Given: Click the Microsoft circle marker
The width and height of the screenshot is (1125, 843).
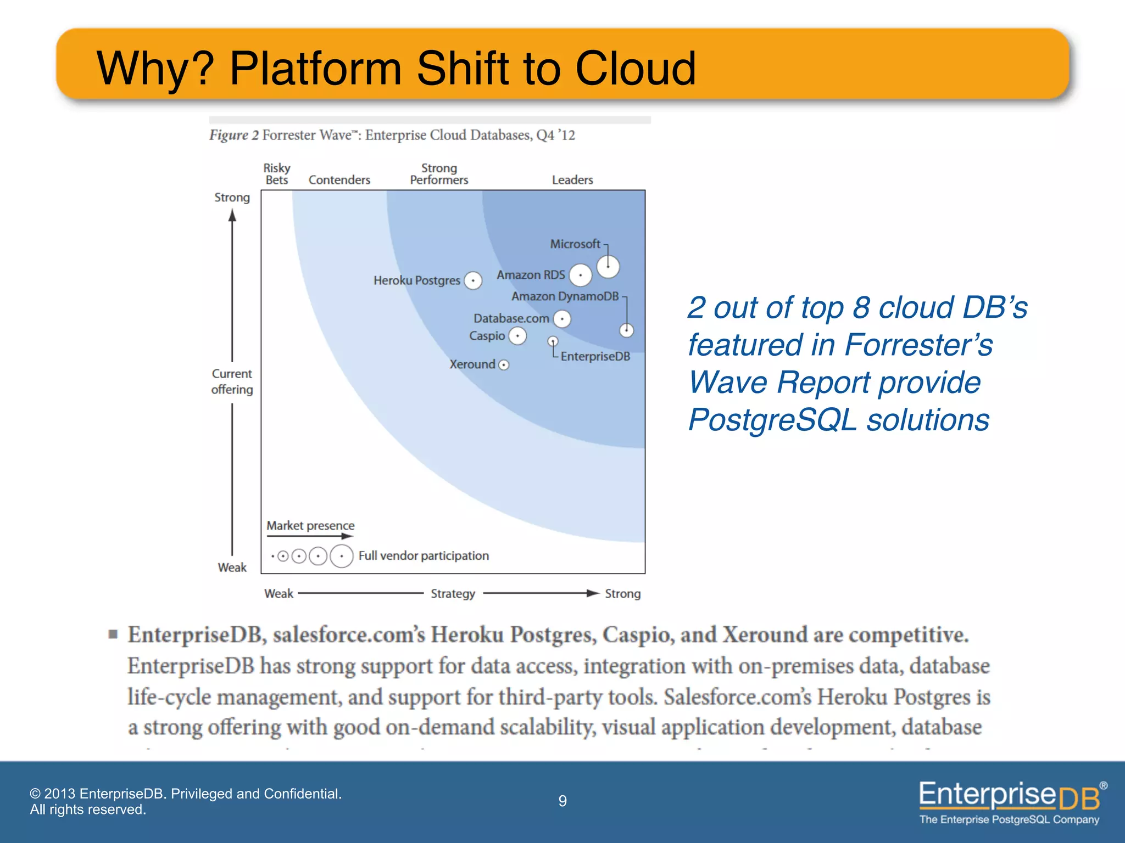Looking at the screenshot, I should [x=608, y=267].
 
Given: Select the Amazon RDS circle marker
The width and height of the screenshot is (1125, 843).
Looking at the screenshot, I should [x=580, y=275].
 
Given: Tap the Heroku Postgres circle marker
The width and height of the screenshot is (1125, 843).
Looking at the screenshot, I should [x=473, y=280].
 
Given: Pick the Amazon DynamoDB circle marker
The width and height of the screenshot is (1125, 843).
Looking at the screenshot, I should [x=626, y=330].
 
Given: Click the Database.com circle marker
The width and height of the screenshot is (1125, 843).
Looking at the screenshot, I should [x=562, y=318].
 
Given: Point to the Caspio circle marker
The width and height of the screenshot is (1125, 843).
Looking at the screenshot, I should [x=517, y=335].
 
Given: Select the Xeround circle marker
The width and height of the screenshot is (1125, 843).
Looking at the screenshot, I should [x=503, y=365].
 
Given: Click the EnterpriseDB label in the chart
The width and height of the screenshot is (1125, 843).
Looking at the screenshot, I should [x=595, y=357].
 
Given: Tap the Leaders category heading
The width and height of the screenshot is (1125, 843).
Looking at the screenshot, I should [x=572, y=180].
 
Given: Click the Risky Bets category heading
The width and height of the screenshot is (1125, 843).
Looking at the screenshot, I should [x=277, y=174].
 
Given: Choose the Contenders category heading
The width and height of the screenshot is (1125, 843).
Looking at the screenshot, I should [x=339, y=180].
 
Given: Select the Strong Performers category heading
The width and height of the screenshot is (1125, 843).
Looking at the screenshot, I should [x=439, y=174].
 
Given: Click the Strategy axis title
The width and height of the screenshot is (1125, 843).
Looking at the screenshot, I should [x=453, y=593].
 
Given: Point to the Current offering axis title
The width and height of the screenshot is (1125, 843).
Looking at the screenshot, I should [x=232, y=381].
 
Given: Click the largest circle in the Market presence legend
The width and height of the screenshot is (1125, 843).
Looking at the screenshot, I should [x=342, y=556].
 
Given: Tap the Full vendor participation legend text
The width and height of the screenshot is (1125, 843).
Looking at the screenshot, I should [x=424, y=556].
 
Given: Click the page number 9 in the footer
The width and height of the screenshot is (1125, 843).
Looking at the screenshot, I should [x=562, y=801].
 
